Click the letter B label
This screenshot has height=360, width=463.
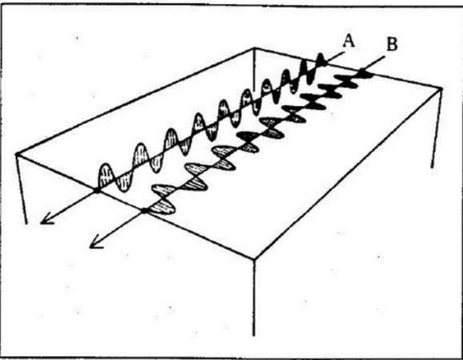point(392,45)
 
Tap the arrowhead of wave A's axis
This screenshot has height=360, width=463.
point(46,220)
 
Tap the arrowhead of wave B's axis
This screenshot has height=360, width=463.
point(95,244)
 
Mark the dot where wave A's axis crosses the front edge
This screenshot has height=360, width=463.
point(97,190)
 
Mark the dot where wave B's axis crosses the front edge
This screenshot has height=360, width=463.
point(144,210)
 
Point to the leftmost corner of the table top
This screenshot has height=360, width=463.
point(17,154)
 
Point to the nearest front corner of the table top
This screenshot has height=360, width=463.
point(254,259)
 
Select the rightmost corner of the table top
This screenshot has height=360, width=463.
point(441,87)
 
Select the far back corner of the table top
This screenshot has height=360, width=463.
point(254,48)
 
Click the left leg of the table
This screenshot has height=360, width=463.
point(22,189)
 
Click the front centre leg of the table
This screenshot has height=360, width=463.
point(254,297)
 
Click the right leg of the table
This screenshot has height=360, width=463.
point(437,127)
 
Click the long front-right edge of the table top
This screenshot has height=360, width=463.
point(348,173)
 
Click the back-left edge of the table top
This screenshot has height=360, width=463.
point(135,101)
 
